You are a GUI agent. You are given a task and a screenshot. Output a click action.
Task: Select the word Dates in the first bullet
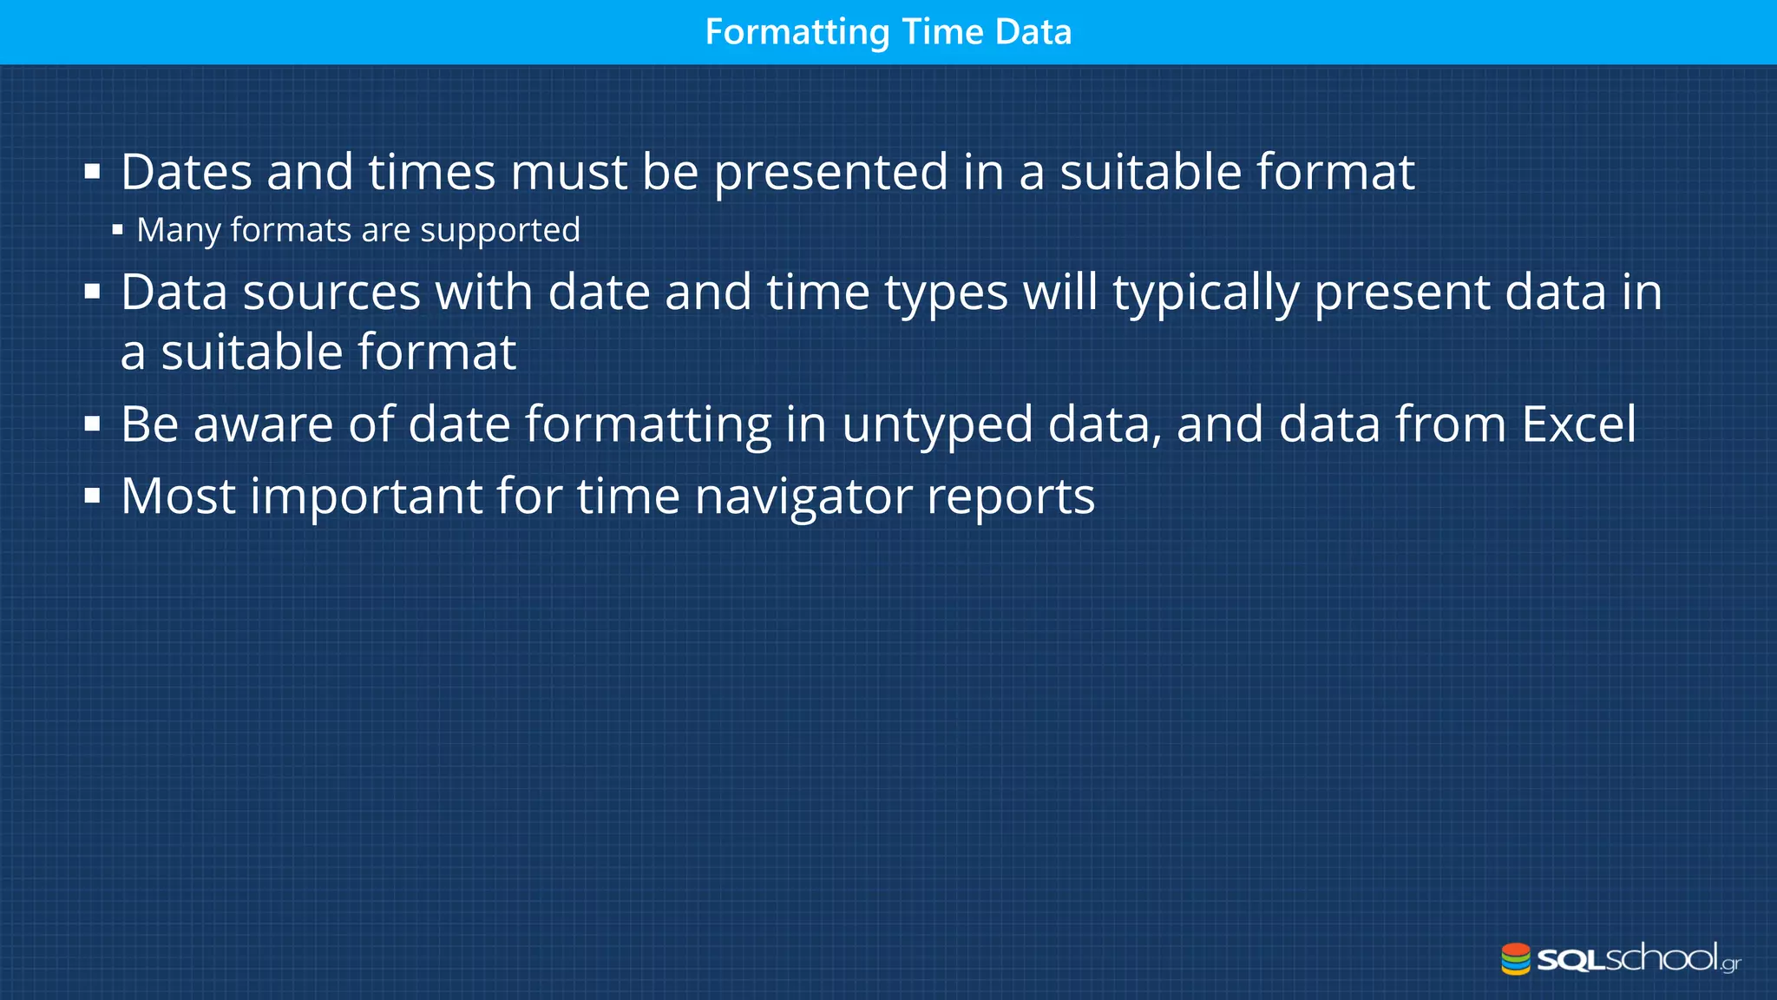pos(187,172)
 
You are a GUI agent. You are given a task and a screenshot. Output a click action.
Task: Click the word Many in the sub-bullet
pos(179,230)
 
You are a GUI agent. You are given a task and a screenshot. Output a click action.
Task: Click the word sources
pos(331,292)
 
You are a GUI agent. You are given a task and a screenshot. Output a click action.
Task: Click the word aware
pos(263,424)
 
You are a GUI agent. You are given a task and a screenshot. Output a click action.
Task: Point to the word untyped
pos(937,424)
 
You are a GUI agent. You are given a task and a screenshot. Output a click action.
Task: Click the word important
pos(365,497)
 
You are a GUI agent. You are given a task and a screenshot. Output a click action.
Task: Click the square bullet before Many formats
pos(118,231)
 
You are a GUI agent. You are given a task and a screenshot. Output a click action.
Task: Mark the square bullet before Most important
pos(93,497)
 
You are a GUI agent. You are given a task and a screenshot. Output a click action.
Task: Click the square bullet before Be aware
pos(93,425)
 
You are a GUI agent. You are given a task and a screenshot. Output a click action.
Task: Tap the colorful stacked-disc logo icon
pos(1516,959)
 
